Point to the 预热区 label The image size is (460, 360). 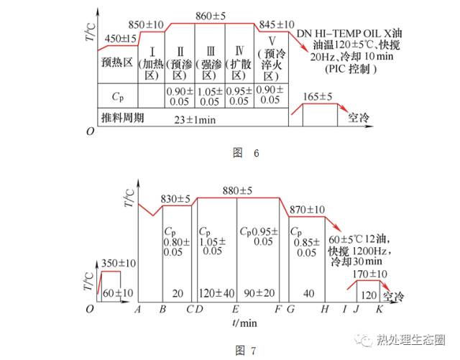pos(117,63)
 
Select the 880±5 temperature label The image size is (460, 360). pos(238,190)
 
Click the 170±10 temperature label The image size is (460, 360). pos(372,274)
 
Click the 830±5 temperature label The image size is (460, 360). pos(176,199)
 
